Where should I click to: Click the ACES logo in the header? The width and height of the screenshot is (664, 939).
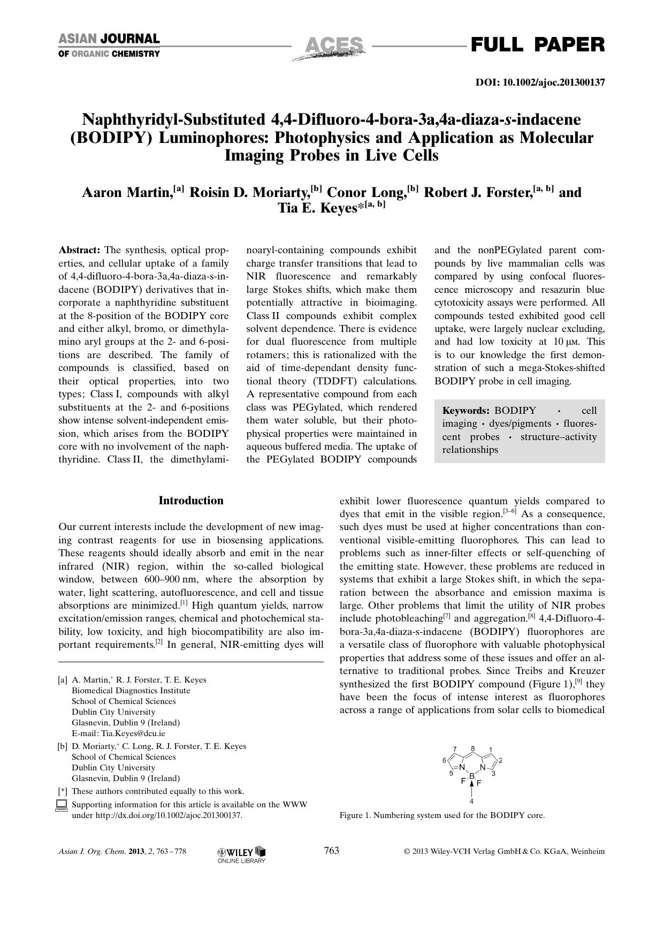[331, 47]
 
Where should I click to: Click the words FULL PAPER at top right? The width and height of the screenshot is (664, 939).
[537, 45]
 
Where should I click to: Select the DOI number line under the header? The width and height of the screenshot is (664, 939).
[540, 82]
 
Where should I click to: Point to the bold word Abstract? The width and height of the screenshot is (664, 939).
[79, 251]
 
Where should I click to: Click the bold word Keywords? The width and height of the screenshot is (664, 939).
[465, 411]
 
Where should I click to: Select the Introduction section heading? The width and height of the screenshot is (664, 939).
[191, 501]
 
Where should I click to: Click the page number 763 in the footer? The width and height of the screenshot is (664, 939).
[332, 851]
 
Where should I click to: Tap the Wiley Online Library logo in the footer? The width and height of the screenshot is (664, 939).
[242, 854]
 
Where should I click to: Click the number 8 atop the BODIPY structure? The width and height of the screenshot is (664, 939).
[472, 748]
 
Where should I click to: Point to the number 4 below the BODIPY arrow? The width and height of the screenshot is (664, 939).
[471, 801]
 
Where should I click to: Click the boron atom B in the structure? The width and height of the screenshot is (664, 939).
[471, 775]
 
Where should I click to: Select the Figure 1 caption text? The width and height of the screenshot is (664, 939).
[442, 815]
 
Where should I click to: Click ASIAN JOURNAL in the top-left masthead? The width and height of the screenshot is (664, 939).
[109, 39]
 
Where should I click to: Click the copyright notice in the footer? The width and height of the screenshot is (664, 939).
[504, 851]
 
